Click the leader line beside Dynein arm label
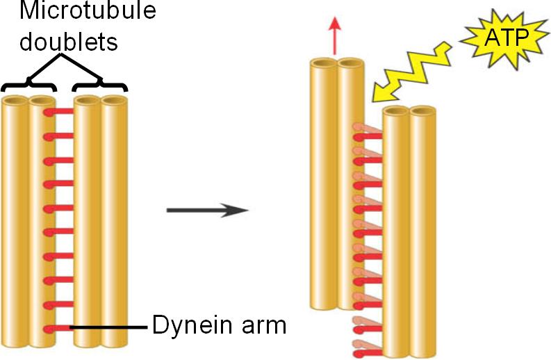(111, 327)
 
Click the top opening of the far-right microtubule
(422, 111)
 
